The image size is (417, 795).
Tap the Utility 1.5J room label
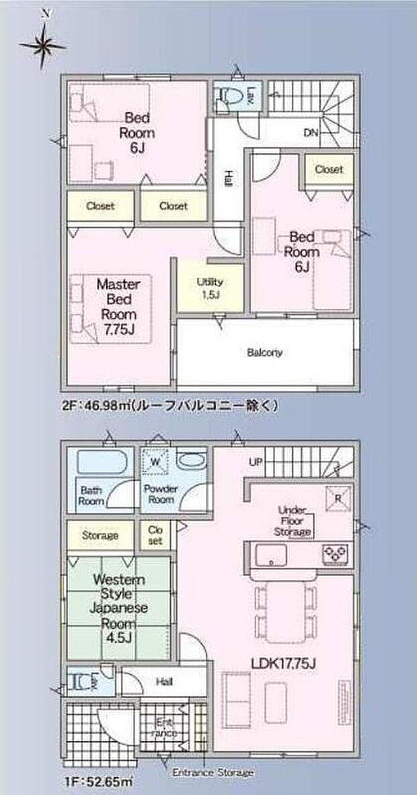210,288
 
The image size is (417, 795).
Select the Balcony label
264,352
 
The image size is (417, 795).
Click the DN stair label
309,133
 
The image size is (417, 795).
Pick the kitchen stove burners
334,553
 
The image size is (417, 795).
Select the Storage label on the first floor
100,535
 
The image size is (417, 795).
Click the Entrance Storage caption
213,773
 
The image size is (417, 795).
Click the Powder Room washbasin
192,462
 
